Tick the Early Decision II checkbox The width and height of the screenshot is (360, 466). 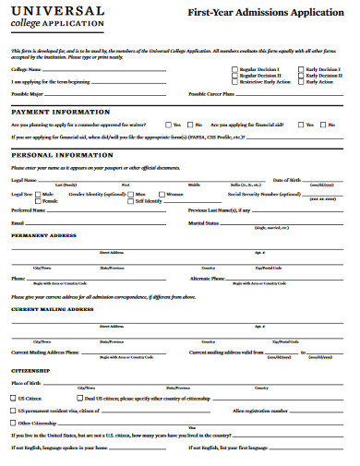[300, 76]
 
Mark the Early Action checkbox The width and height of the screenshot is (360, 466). [300, 82]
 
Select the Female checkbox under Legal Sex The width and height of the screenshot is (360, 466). [39, 201]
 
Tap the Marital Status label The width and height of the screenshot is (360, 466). [204, 223]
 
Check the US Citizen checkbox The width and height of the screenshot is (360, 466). [14, 398]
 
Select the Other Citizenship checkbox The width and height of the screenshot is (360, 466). [14, 423]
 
